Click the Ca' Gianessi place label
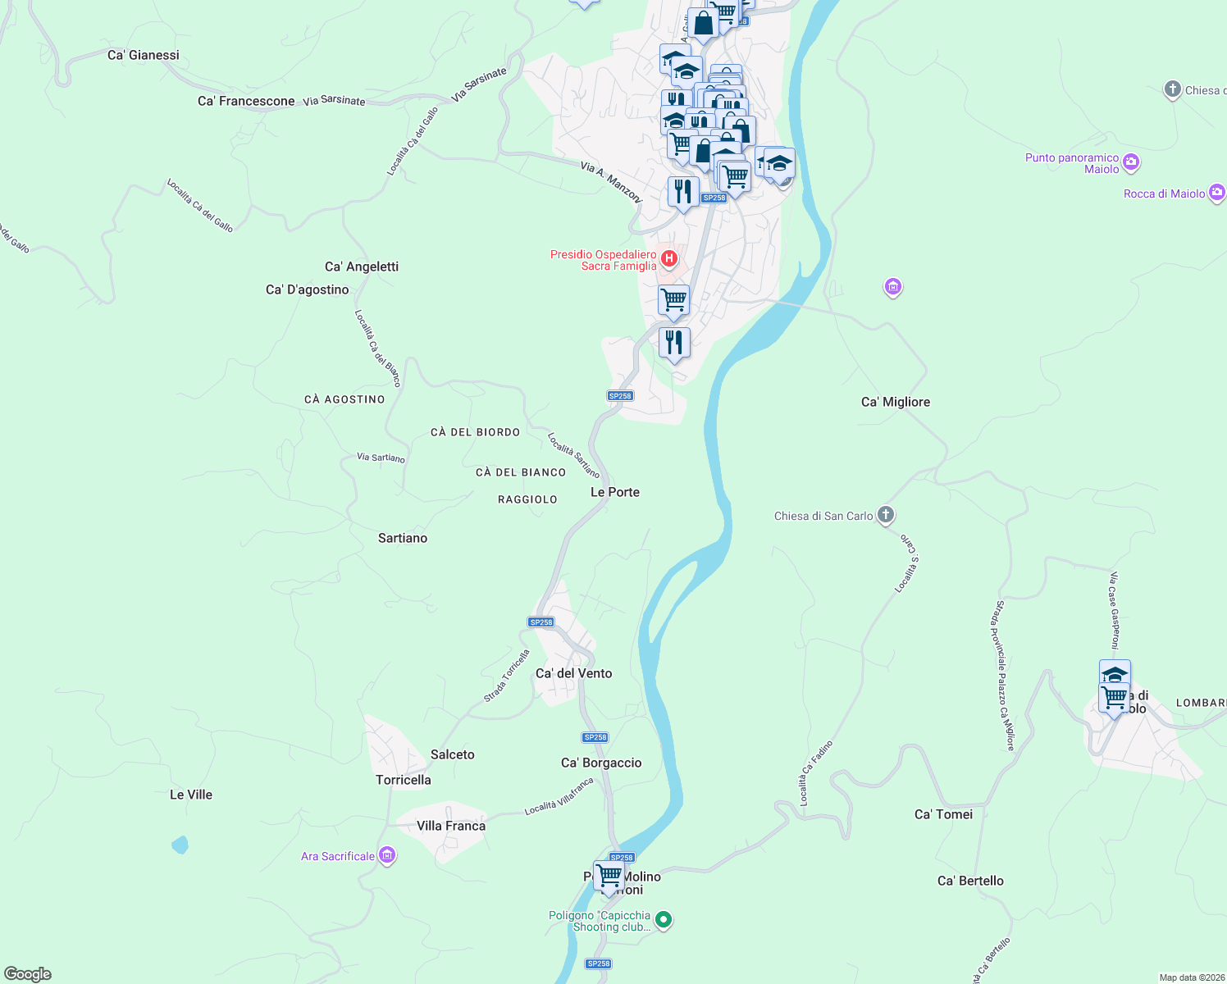[144, 55]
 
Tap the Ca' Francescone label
[246, 101]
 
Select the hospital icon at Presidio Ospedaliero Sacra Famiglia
[669, 259]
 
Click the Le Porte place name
[615, 492]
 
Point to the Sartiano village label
[403, 538]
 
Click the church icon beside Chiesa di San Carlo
[886, 515]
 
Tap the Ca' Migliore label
[896, 402]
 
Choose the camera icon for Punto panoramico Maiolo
[1131, 162]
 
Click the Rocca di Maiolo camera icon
[1217, 193]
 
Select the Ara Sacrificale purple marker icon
[387, 856]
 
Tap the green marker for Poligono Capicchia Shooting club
[664, 920]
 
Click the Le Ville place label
[191, 795]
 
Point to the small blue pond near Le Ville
[180, 844]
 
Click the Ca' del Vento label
[574, 673]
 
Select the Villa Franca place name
[451, 826]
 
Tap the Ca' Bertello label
[970, 881]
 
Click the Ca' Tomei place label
[943, 814]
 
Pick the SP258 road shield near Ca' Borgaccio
[595, 737]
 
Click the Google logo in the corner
[28, 974]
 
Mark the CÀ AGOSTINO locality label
[344, 399]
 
